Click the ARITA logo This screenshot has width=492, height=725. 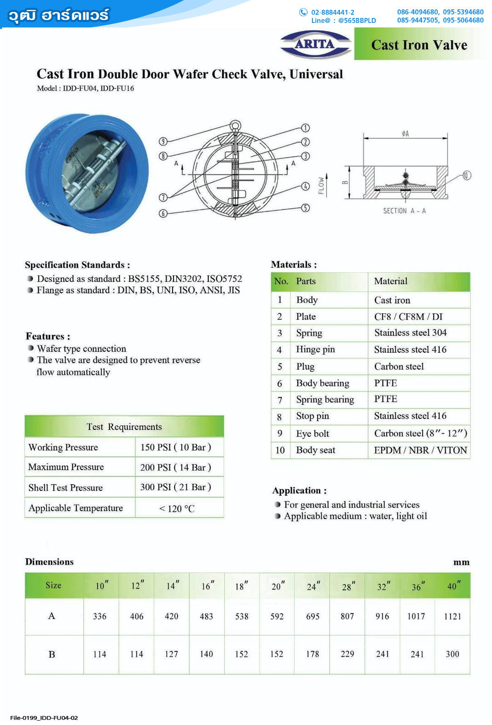(315, 44)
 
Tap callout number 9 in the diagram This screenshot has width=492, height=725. (163, 142)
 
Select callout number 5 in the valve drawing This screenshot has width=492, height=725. (305, 208)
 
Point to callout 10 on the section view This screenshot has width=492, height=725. (467, 175)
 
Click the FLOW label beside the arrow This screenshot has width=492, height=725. (321, 186)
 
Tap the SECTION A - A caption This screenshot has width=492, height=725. (404, 211)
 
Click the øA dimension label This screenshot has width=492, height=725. (405, 134)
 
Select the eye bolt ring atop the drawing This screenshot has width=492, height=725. (235, 125)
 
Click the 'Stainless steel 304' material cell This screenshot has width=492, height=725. (410, 333)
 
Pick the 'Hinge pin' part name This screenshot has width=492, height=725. (315, 349)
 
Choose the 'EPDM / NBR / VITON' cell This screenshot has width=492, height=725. (420, 450)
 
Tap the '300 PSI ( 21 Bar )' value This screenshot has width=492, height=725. (175, 487)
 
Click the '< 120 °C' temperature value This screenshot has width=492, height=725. (177, 509)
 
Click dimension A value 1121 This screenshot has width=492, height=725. (452, 616)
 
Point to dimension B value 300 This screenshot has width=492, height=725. (452, 654)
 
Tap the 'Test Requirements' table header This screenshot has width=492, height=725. (124, 427)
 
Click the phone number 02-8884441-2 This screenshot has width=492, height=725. (333, 12)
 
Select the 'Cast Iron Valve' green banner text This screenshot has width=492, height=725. (419, 45)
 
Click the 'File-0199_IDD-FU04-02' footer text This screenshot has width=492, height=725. (44, 718)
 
